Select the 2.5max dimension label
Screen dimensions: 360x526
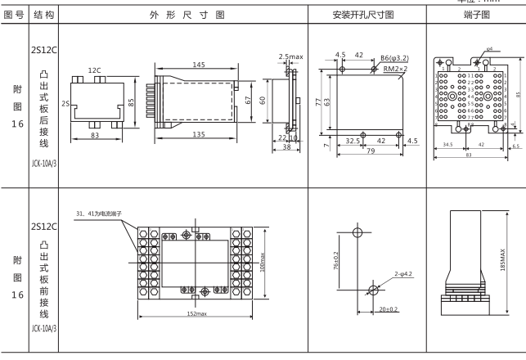pyautogui.click(x=292, y=56)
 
